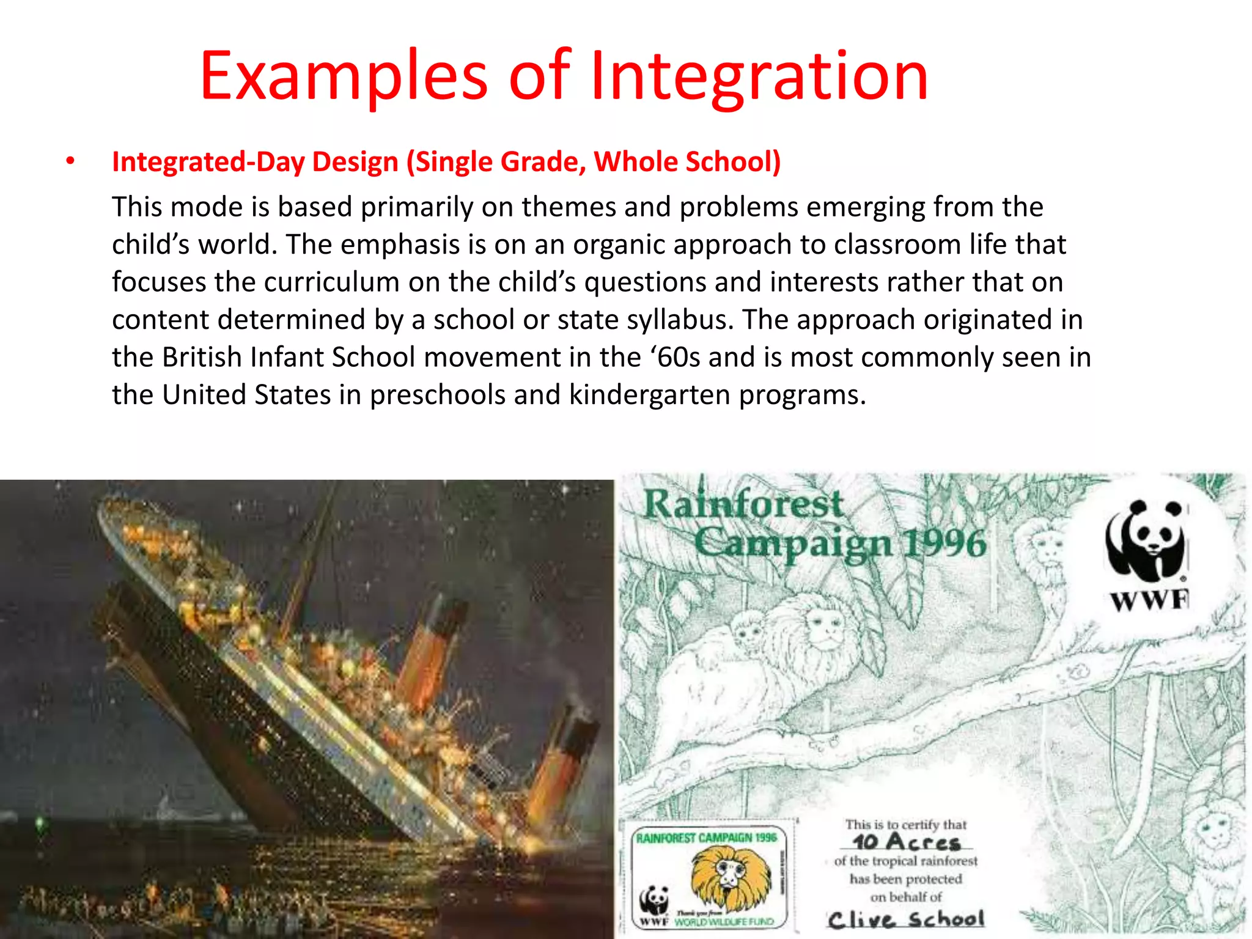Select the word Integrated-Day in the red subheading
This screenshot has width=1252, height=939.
click(207, 162)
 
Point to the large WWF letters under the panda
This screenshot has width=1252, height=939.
click(1149, 601)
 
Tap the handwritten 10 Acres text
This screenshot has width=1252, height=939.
click(907, 842)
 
